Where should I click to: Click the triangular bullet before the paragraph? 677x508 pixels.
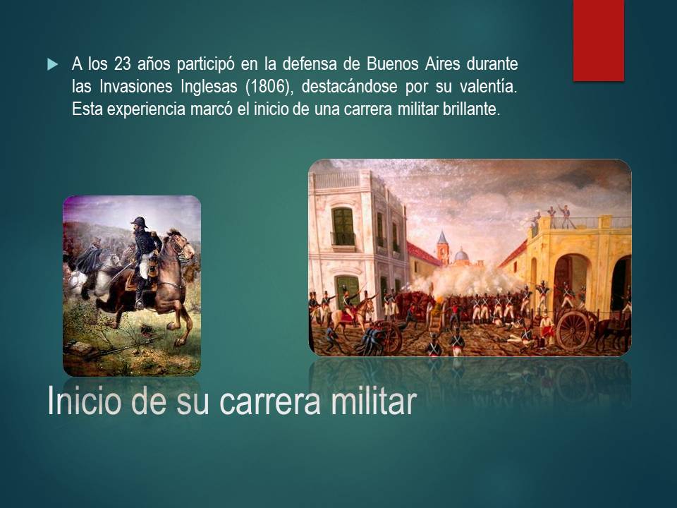[x=52, y=65]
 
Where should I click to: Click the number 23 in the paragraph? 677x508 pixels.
[x=122, y=64]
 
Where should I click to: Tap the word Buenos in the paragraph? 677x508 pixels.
[x=393, y=64]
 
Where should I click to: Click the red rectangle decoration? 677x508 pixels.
[x=599, y=40]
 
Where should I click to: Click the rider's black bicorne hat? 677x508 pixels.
[x=139, y=222]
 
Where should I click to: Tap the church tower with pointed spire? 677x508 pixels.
[x=442, y=247]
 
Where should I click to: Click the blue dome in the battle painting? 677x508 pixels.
[x=461, y=255]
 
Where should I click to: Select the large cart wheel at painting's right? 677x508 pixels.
[x=573, y=330]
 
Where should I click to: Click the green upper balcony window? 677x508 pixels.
[x=343, y=226]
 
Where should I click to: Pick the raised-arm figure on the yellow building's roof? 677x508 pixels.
[x=565, y=215]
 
